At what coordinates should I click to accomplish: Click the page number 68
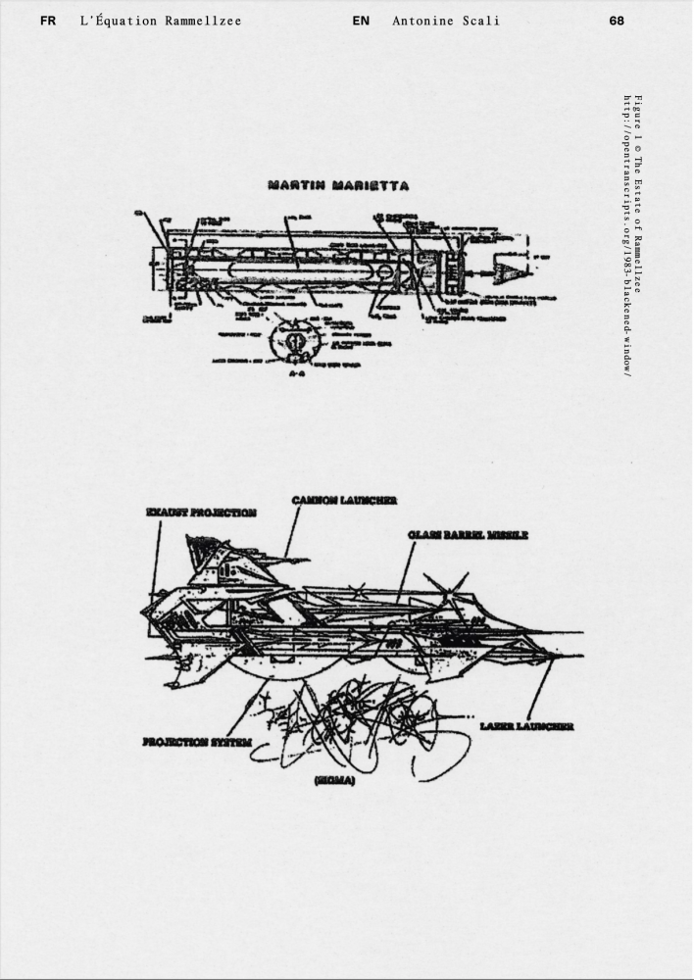pyautogui.click(x=616, y=20)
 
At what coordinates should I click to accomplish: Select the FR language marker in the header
pyautogui.click(x=48, y=20)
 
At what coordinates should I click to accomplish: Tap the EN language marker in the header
pyautogui.click(x=360, y=20)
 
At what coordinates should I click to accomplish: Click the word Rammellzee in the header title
pyautogui.click(x=204, y=20)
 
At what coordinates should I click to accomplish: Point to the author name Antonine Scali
pyautogui.click(x=445, y=20)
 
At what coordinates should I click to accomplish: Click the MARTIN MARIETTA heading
pyautogui.click(x=337, y=185)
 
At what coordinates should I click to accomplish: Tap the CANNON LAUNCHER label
pyautogui.click(x=344, y=500)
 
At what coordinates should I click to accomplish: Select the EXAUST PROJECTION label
pyautogui.click(x=201, y=512)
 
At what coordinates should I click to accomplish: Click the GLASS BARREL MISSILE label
pyautogui.click(x=468, y=535)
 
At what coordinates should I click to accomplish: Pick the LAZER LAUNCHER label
pyautogui.click(x=526, y=726)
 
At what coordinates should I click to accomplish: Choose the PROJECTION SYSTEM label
pyautogui.click(x=191, y=742)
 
